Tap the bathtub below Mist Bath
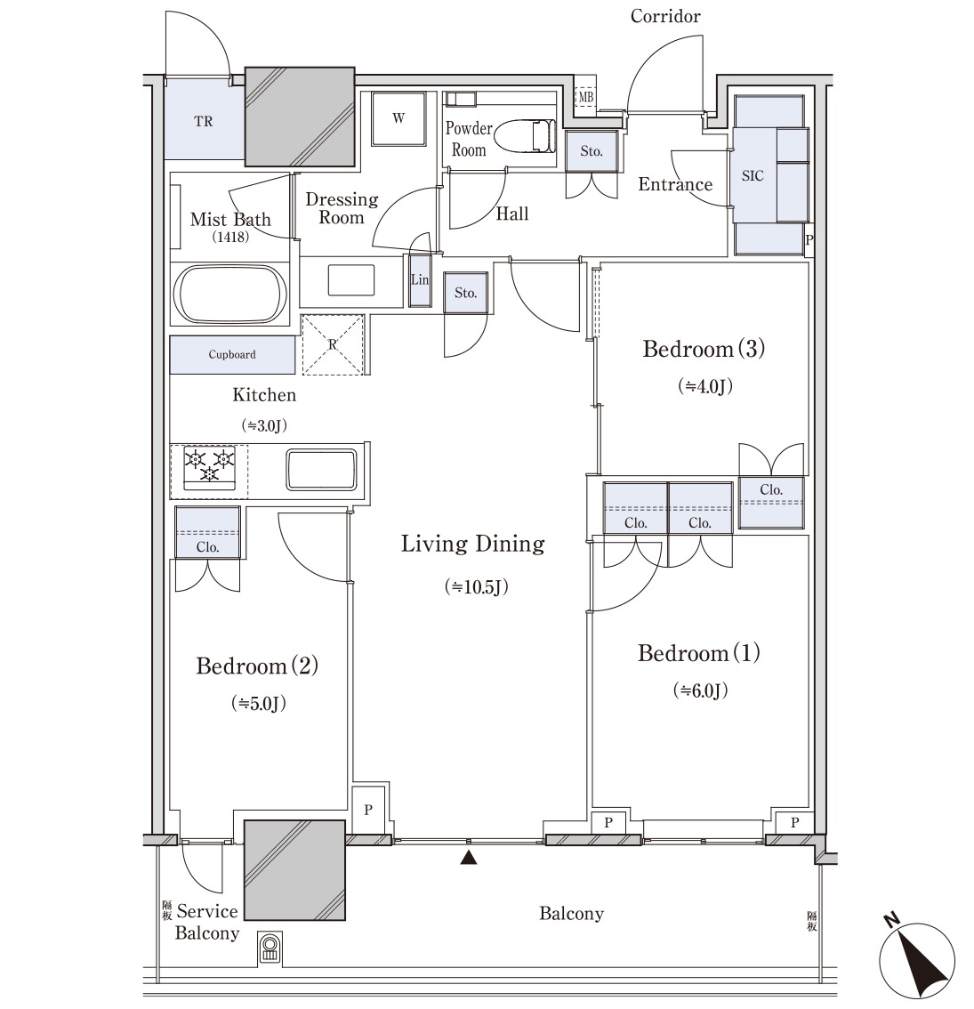(231, 294)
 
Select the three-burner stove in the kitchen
(209, 468)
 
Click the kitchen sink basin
(321, 470)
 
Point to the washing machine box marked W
(398, 119)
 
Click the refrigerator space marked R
(333, 344)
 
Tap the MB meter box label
(585, 97)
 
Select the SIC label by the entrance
(753, 175)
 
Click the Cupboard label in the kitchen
(231, 354)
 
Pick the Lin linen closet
(420, 280)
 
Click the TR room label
(204, 121)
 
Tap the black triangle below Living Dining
(469, 857)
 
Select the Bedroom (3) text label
(704, 349)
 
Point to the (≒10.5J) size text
(476, 586)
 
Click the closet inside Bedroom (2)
(207, 532)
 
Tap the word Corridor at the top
(665, 16)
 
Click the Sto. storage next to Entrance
(592, 151)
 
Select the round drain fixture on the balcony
(270, 948)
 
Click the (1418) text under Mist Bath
(230, 237)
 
